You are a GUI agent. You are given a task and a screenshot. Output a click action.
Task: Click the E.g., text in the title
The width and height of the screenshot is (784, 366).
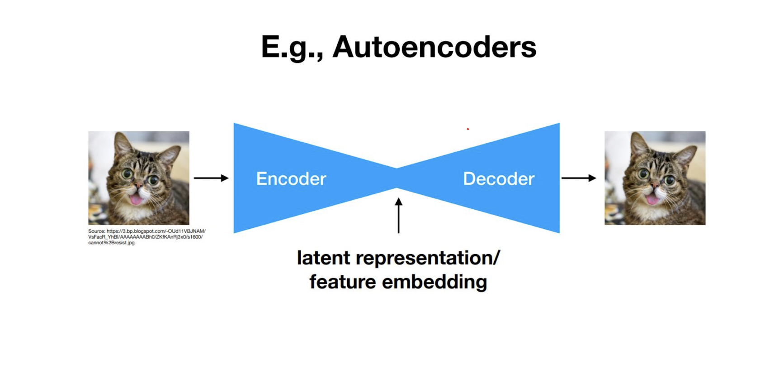click(292, 48)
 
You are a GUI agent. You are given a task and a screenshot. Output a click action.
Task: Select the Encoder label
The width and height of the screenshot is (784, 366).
click(291, 178)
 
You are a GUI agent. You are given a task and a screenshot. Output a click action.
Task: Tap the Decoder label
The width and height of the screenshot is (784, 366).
click(498, 178)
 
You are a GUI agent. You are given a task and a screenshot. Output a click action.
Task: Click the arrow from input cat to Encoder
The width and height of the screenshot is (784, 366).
click(211, 178)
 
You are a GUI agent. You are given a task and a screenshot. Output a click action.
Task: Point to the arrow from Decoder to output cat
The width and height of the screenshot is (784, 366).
click(578, 178)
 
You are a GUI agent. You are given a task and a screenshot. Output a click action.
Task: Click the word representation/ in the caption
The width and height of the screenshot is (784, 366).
click(428, 258)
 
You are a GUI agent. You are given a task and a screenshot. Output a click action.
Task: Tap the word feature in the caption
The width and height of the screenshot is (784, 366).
click(343, 282)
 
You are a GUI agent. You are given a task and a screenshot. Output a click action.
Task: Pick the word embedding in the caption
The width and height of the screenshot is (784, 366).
click(435, 282)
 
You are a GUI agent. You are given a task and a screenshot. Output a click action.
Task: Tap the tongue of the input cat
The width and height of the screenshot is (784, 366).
click(135, 199)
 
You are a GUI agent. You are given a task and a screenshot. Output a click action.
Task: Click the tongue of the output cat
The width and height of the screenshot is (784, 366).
click(652, 199)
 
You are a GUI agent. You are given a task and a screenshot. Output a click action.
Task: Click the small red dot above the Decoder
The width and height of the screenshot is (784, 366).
click(468, 129)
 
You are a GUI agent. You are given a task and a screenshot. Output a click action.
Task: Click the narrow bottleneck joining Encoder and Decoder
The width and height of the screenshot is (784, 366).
click(397, 178)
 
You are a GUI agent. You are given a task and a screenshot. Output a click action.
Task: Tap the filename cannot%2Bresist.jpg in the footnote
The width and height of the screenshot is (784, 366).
click(111, 243)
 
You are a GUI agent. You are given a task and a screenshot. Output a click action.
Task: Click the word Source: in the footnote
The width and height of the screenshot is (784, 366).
click(96, 231)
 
